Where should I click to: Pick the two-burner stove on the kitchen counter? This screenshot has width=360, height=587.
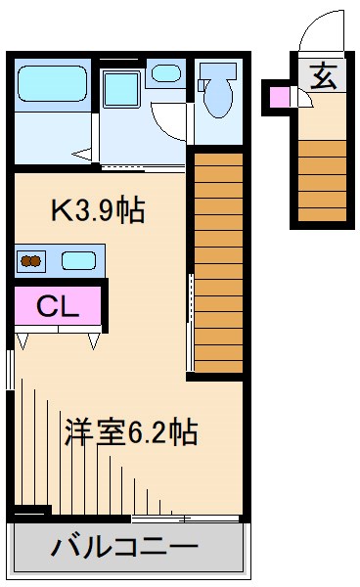(32, 260)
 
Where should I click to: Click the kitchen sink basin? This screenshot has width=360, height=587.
(78, 260)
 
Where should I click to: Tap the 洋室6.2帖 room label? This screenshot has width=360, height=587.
(131, 430)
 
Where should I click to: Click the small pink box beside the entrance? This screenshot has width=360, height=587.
(280, 97)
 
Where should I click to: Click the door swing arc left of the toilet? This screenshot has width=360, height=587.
(171, 122)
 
